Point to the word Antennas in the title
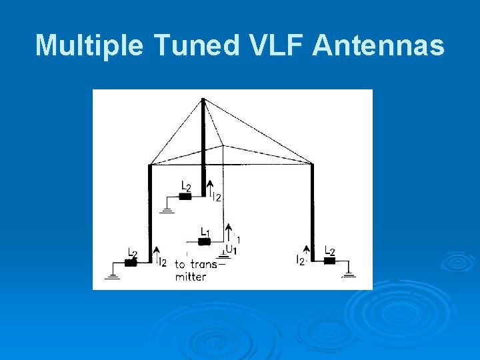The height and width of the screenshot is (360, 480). (378, 45)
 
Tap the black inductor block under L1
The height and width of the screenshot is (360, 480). (205, 241)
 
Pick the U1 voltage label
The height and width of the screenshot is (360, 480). (231, 250)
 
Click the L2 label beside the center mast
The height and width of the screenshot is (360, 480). (186, 186)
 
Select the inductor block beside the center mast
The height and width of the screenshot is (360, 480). (185, 197)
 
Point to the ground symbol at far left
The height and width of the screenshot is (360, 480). (113, 273)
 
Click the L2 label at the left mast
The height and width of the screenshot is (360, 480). (133, 253)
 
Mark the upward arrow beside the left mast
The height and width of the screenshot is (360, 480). (156, 255)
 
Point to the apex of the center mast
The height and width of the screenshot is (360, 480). (203, 100)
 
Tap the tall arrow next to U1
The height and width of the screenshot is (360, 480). (228, 233)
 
